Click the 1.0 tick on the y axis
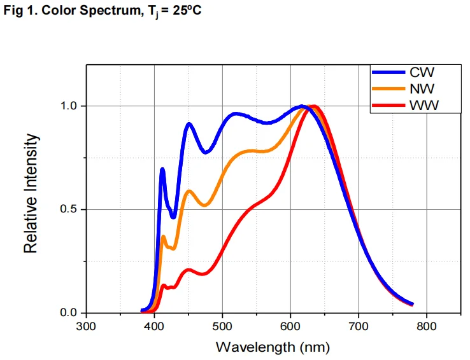click(69, 106)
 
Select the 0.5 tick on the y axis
click(69, 209)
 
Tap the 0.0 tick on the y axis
click(69, 313)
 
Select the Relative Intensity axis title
click(31, 193)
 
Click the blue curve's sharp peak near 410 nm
click(162, 169)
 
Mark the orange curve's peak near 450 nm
click(189, 191)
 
